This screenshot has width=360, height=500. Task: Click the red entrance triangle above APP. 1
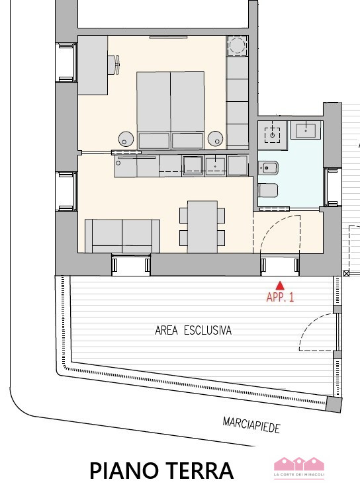pos(280,286)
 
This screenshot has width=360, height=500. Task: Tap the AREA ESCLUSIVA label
pos(193,331)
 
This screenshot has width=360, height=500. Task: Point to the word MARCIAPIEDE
pos(251,425)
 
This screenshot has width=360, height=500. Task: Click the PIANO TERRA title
pos(161,471)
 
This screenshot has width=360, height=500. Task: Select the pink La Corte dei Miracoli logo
pos(299,468)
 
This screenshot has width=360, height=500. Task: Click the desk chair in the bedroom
pos(114,65)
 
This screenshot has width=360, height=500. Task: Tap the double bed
pos(171,110)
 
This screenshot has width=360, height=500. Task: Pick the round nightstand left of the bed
pos(126,139)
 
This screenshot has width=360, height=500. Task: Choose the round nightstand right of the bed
pos(216,138)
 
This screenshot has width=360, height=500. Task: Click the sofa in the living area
pos(122,236)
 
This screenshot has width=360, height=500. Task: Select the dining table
pos(202,227)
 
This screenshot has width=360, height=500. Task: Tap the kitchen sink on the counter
pos(216,166)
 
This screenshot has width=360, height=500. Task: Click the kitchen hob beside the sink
pos(192,166)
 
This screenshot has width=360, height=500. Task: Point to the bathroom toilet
pos(268,190)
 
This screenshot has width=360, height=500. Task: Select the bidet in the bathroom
pos(268,168)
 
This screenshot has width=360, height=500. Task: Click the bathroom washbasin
pos(306,130)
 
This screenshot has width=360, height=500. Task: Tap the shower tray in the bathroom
pos(272,135)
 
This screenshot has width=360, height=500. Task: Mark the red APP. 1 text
pos(280,297)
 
